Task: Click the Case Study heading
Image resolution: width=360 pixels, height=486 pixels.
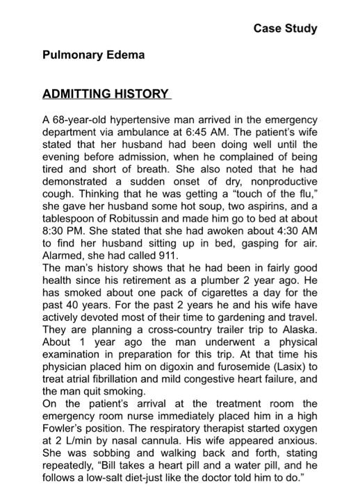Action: click(x=285, y=28)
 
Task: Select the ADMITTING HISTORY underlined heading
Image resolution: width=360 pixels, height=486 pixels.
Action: click(x=106, y=94)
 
